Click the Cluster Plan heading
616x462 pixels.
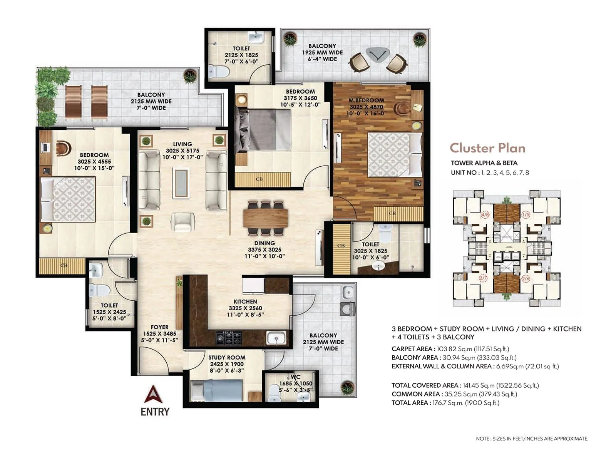(487, 148)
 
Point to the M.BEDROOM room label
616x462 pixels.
(366, 100)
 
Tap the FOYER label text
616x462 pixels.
(159, 327)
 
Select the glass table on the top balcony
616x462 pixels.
(377, 54)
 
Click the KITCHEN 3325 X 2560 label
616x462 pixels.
(245, 308)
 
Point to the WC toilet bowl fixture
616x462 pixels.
(275, 392)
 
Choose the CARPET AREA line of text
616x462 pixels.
(450, 349)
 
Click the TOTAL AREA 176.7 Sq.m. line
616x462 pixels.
(445, 403)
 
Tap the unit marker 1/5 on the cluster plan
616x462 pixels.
(526, 214)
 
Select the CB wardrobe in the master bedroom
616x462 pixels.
(392, 213)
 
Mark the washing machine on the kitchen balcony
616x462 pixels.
(347, 308)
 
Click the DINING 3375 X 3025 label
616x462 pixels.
(264, 249)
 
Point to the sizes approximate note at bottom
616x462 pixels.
(532, 439)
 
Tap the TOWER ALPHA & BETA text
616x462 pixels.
(484, 163)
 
